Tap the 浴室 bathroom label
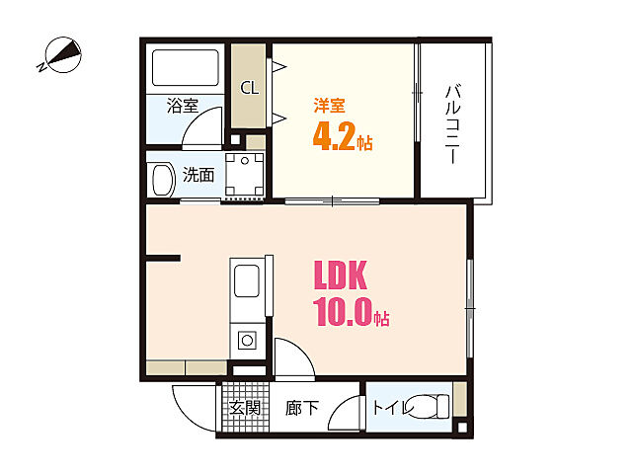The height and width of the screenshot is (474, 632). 183,105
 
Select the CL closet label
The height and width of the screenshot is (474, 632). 250,87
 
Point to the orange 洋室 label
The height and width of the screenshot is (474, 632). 329,105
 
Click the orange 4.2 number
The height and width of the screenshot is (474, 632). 333,137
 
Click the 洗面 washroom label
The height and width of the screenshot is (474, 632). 198,176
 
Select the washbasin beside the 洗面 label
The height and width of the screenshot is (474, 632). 161,179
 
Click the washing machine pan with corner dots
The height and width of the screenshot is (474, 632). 244,175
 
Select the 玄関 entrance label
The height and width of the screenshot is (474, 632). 245,406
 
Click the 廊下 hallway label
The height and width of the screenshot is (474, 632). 300,406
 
